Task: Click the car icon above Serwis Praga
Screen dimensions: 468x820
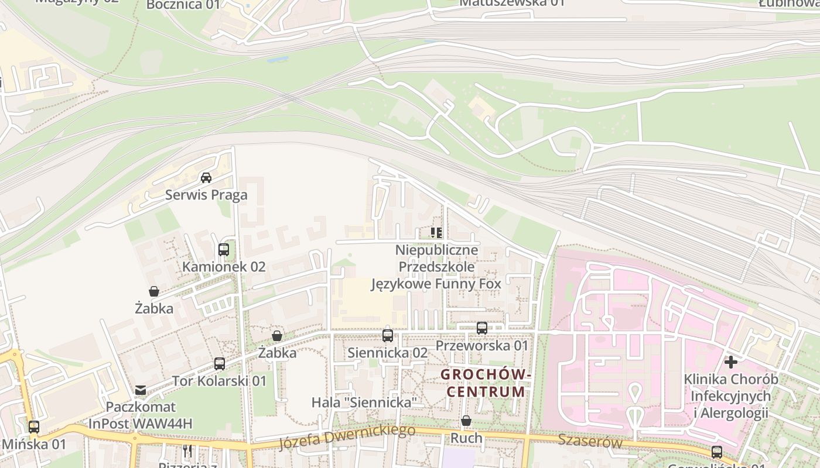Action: tap(206, 177)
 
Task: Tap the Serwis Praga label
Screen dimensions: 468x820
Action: tap(206, 195)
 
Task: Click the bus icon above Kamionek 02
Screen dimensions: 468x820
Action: tap(223, 250)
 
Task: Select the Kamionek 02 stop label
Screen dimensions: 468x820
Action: tap(224, 267)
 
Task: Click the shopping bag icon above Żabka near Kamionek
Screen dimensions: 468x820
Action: tap(154, 291)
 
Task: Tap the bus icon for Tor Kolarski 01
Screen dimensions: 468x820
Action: tap(220, 364)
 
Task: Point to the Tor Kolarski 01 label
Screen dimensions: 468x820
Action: tap(219, 381)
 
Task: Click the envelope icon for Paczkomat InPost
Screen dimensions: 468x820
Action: tap(141, 390)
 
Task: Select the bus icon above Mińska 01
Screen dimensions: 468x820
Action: tap(34, 427)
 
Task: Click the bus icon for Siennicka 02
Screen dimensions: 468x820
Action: tap(388, 336)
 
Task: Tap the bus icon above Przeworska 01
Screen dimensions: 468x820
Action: tap(482, 328)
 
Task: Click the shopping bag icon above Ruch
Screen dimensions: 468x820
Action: tap(466, 421)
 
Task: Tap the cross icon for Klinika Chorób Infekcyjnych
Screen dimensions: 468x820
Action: tap(731, 362)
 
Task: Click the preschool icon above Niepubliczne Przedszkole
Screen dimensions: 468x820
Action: tap(436, 233)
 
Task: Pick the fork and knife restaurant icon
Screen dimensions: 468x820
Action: tap(187, 451)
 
